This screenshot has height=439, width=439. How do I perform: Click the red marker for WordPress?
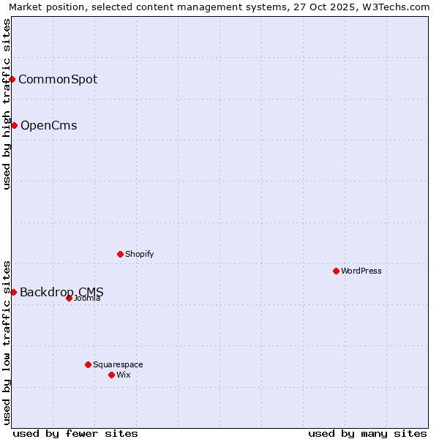pos(336,271)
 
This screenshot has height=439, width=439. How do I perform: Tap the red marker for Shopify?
pos(120,254)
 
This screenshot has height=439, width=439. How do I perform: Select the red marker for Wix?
pos(111,375)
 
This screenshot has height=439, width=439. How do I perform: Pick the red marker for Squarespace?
pos(88,364)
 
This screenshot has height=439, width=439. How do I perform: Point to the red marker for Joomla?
pos(69,298)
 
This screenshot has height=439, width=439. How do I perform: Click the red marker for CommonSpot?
pos(12,79)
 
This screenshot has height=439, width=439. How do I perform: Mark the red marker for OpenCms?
pos(14,125)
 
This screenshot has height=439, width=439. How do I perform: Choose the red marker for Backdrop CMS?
pos(13,292)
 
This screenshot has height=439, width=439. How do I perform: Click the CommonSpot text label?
pos(58,79)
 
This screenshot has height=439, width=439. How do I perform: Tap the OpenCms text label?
pos(48,125)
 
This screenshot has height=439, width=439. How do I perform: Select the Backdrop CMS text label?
pos(61,292)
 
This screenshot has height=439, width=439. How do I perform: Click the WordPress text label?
pos(361,271)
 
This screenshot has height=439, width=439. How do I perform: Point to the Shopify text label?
pos(139,254)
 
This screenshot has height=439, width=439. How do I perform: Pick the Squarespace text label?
pos(118,364)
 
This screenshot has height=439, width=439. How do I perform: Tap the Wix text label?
pos(123,375)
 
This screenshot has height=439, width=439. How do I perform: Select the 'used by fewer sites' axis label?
pos(75,433)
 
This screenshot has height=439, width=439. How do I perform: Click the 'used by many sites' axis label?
pos(367,433)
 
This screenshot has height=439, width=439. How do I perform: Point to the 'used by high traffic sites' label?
pos(7,104)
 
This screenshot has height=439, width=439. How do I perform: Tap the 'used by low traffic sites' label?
pos(7,342)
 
